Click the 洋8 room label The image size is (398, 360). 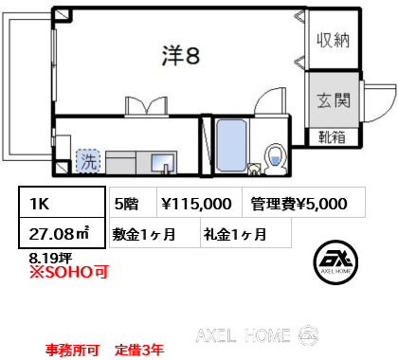click(x=181, y=56)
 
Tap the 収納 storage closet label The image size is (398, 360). click(x=334, y=40)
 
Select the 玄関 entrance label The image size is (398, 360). click(x=334, y=100)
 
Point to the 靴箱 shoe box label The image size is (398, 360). click(x=332, y=137)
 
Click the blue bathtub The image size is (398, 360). click(x=231, y=146)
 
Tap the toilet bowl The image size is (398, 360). click(x=276, y=159)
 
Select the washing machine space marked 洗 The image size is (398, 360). click(x=88, y=161)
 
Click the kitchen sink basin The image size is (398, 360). click(x=162, y=163)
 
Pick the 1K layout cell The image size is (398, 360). click(x=62, y=203)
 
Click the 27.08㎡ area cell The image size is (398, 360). click(x=62, y=233)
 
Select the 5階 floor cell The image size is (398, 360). click(x=133, y=203)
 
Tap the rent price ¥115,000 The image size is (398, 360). click(x=196, y=204)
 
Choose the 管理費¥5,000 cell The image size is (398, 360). click(x=303, y=203)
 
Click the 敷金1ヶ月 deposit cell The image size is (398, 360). click(x=154, y=233)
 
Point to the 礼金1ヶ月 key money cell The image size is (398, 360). click(x=245, y=233)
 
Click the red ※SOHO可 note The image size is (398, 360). click(x=69, y=272)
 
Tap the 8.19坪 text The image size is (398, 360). click(x=50, y=259)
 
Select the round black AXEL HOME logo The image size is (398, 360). click(x=335, y=262)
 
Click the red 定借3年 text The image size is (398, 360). click(x=139, y=350)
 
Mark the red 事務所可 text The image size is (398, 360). click(x=72, y=350)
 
